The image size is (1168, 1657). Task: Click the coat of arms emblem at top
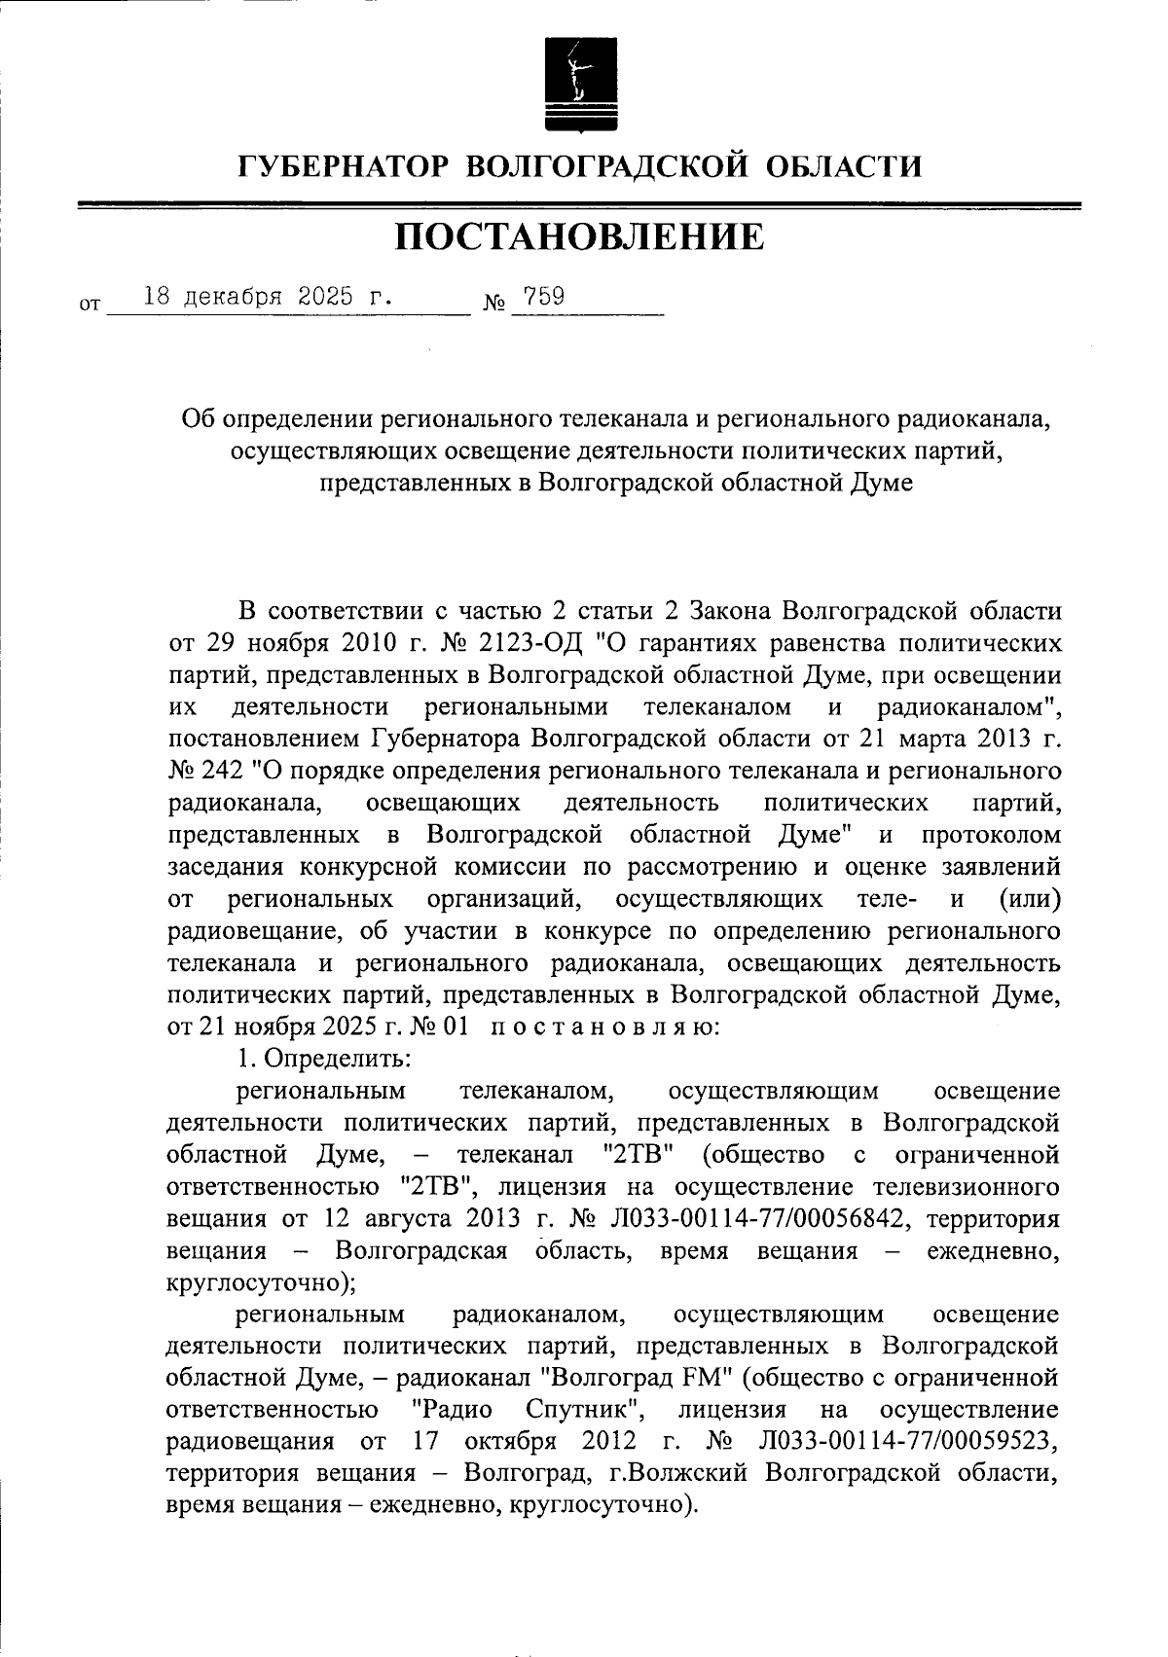[x=580, y=85]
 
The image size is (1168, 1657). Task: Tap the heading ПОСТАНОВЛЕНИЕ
[x=580, y=236]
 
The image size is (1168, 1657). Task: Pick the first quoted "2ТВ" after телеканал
[x=639, y=1155]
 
